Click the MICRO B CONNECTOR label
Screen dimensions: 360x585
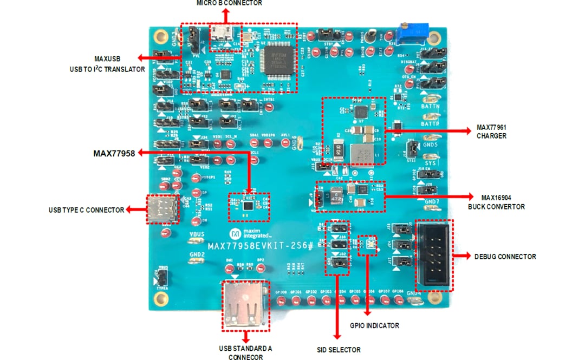click(x=229, y=3)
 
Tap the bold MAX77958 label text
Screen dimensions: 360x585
click(x=114, y=154)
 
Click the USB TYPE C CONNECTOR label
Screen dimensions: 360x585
click(x=86, y=210)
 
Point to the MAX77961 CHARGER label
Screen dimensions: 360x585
click(x=491, y=132)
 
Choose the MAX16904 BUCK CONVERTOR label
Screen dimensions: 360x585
click(x=496, y=201)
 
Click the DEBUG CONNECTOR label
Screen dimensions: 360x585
click(x=505, y=257)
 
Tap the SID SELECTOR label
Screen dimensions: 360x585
click(x=339, y=350)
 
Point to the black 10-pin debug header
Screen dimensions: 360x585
click(x=434, y=256)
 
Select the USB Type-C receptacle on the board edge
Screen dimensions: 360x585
click(x=161, y=209)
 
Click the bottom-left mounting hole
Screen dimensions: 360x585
click(x=160, y=297)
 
